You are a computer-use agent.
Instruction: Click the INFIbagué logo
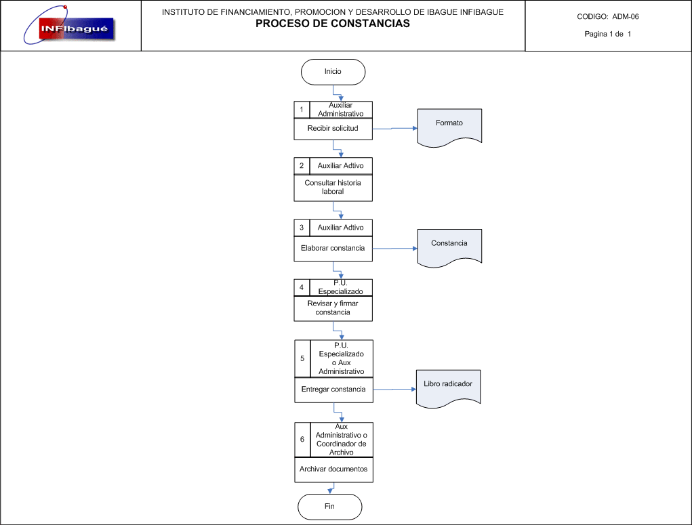(69, 26)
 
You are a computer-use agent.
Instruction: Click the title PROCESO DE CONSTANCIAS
(333, 24)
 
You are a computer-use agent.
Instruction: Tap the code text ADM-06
(626, 17)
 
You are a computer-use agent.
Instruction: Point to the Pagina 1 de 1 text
(608, 34)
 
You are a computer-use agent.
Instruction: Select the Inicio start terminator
(333, 72)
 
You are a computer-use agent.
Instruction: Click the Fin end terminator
(329, 507)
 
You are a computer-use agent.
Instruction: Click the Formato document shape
(449, 127)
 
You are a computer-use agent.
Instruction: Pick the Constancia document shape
(449, 248)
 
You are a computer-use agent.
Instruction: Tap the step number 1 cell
(302, 110)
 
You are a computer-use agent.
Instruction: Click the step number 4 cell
(302, 288)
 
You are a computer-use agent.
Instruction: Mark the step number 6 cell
(302, 440)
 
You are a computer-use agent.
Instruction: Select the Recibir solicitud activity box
(333, 129)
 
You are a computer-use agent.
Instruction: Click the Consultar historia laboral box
(333, 188)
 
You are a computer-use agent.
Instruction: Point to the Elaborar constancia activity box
(333, 249)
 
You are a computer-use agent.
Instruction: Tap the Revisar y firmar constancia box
(333, 308)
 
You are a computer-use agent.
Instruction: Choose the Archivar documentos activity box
(333, 469)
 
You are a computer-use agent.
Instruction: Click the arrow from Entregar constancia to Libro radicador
(394, 389)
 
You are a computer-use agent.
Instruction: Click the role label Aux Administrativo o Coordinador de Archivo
(341, 440)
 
